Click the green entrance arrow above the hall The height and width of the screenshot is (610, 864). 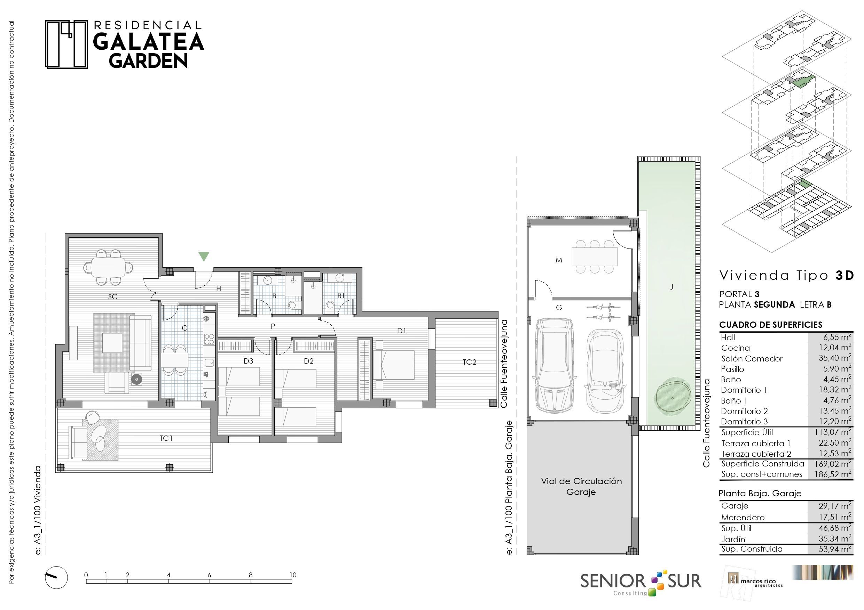click(x=204, y=256)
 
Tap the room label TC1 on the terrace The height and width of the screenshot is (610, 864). click(x=166, y=438)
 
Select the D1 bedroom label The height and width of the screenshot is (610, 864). click(x=401, y=331)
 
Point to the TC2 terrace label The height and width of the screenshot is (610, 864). click(x=470, y=362)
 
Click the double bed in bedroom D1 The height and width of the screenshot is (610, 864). click(x=394, y=365)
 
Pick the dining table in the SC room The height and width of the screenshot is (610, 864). click(x=108, y=267)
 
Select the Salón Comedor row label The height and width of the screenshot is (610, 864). click(x=752, y=359)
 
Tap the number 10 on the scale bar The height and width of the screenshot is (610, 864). click(x=293, y=575)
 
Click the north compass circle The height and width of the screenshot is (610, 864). click(x=56, y=577)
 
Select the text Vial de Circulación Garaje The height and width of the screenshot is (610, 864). click(x=581, y=486)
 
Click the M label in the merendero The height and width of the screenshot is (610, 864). click(x=559, y=260)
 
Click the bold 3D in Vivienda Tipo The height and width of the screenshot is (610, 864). click(x=845, y=276)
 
